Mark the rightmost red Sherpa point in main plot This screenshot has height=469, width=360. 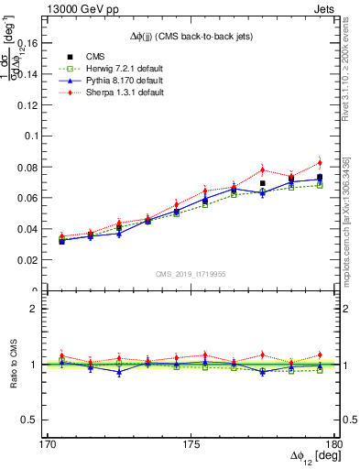[x=320, y=163]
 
